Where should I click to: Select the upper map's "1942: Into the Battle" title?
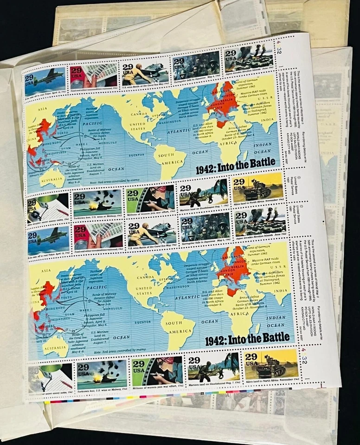coord(236,169)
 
